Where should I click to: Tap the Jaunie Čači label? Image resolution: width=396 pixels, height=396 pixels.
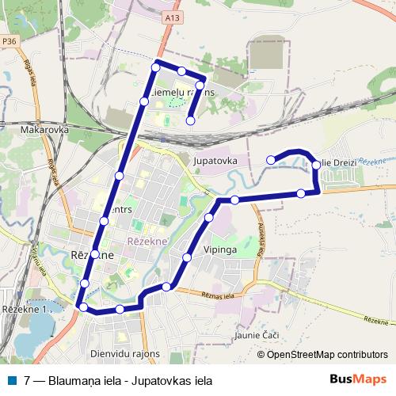(x=257, y=337)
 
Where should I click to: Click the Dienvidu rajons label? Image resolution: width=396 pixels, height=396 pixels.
(x=126, y=354)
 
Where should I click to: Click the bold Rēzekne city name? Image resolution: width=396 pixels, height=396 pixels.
(x=92, y=256)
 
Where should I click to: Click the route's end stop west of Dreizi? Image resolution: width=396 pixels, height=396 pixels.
(x=271, y=160)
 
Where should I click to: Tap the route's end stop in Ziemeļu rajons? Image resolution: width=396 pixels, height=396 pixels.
(x=191, y=120)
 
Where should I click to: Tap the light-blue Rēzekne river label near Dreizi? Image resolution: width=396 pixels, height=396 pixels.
(x=370, y=161)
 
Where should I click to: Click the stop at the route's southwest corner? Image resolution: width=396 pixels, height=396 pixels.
(x=82, y=306)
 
